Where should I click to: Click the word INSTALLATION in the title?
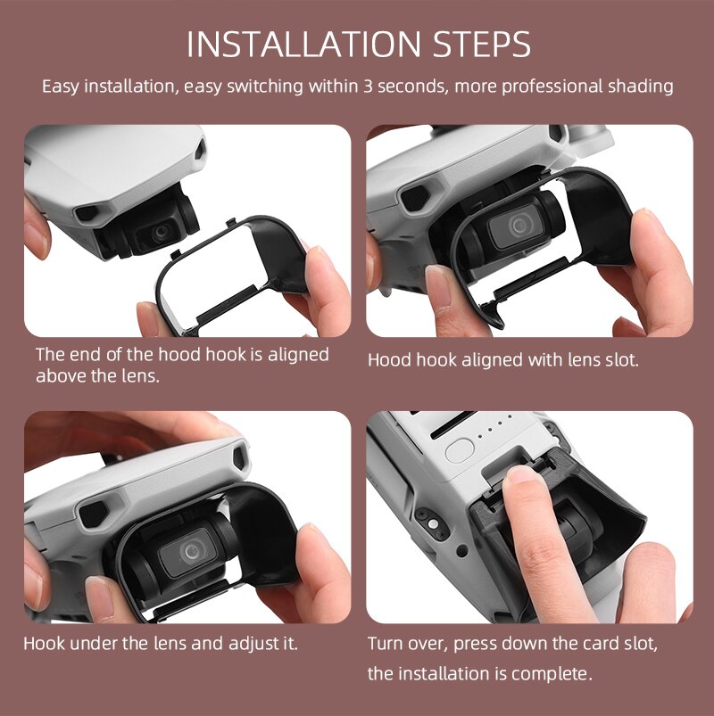coord(293,45)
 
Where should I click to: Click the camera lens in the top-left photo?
coord(162,231)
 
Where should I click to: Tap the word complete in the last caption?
coord(554,673)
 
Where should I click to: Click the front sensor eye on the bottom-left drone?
coord(93,513)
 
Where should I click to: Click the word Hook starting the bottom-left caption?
coord(43,643)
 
